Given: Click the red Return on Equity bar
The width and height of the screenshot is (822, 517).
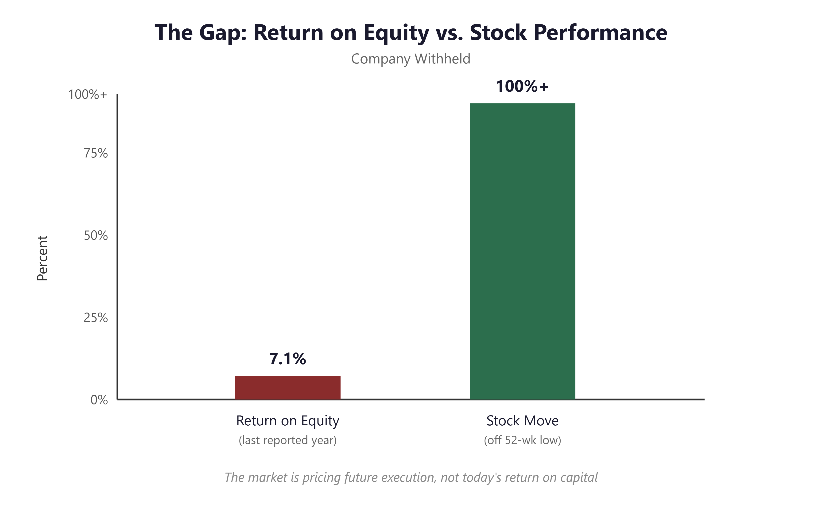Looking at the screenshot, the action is [287, 388].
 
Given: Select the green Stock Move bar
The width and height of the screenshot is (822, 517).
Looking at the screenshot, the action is [522, 251].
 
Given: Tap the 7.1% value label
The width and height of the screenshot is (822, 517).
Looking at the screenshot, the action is [287, 359].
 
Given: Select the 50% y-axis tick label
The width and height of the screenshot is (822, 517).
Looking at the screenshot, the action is [96, 236].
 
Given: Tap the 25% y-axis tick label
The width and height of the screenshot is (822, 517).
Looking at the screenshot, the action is [96, 318].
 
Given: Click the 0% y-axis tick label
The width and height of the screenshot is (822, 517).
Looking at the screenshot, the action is [99, 400].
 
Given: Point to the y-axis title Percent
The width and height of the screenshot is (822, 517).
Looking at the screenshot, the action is [42, 258].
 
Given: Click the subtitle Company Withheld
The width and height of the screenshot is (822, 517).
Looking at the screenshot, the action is [411, 59].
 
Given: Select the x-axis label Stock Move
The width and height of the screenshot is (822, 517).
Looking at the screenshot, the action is [522, 421].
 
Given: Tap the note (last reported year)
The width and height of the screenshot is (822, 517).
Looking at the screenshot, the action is [287, 440].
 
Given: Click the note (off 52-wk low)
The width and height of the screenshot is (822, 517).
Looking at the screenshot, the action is [522, 440].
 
